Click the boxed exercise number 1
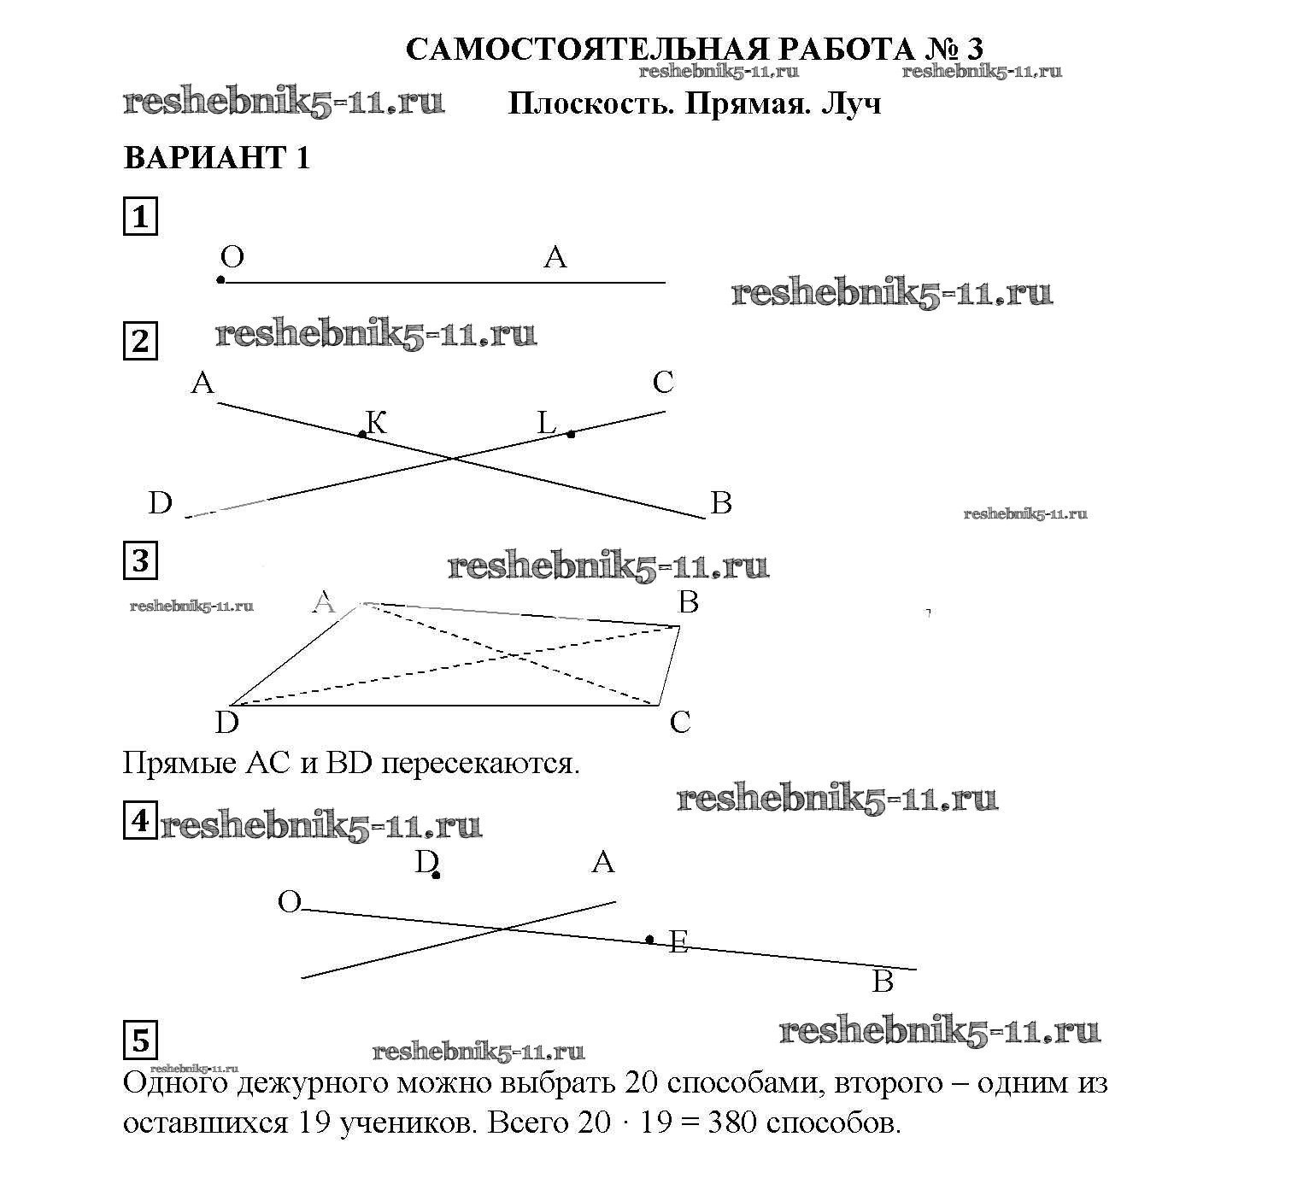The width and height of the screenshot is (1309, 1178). (x=140, y=216)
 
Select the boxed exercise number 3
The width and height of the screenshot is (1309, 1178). (x=140, y=560)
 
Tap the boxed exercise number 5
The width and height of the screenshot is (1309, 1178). (x=140, y=1040)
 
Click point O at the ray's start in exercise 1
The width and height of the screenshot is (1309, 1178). (x=220, y=280)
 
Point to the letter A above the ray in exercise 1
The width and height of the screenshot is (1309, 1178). (x=555, y=256)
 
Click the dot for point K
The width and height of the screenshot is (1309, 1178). (x=362, y=435)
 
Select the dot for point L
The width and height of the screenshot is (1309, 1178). (x=571, y=434)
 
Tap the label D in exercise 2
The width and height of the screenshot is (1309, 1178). (x=160, y=503)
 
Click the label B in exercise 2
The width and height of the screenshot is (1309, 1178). (x=721, y=503)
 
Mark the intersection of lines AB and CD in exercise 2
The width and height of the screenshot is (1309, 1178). (x=453, y=460)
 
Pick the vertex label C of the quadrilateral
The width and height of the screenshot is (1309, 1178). (x=680, y=723)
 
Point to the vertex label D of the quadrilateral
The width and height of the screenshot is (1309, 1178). (x=226, y=723)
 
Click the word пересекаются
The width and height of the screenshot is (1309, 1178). (x=480, y=763)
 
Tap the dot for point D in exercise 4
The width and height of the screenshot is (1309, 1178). (x=436, y=875)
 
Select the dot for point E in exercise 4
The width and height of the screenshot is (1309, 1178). (x=649, y=940)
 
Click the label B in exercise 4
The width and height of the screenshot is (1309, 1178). (x=883, y=982)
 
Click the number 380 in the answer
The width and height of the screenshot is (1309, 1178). (x=732, y=1122)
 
